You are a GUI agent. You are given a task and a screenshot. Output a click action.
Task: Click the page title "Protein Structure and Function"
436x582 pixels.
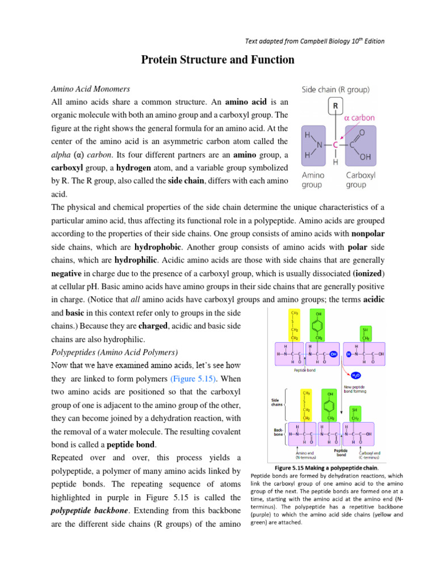tap(218, 60)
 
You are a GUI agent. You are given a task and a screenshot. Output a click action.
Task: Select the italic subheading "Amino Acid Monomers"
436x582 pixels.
tap(91, 89)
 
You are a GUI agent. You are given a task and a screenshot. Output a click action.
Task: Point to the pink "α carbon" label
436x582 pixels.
tap(359, 118)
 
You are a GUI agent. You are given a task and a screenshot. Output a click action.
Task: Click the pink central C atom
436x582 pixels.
tap(335, 144)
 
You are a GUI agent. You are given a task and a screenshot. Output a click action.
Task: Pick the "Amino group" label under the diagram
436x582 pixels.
tap(313, 180)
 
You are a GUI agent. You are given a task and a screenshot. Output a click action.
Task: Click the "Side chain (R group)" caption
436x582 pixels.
tap(335, 89)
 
